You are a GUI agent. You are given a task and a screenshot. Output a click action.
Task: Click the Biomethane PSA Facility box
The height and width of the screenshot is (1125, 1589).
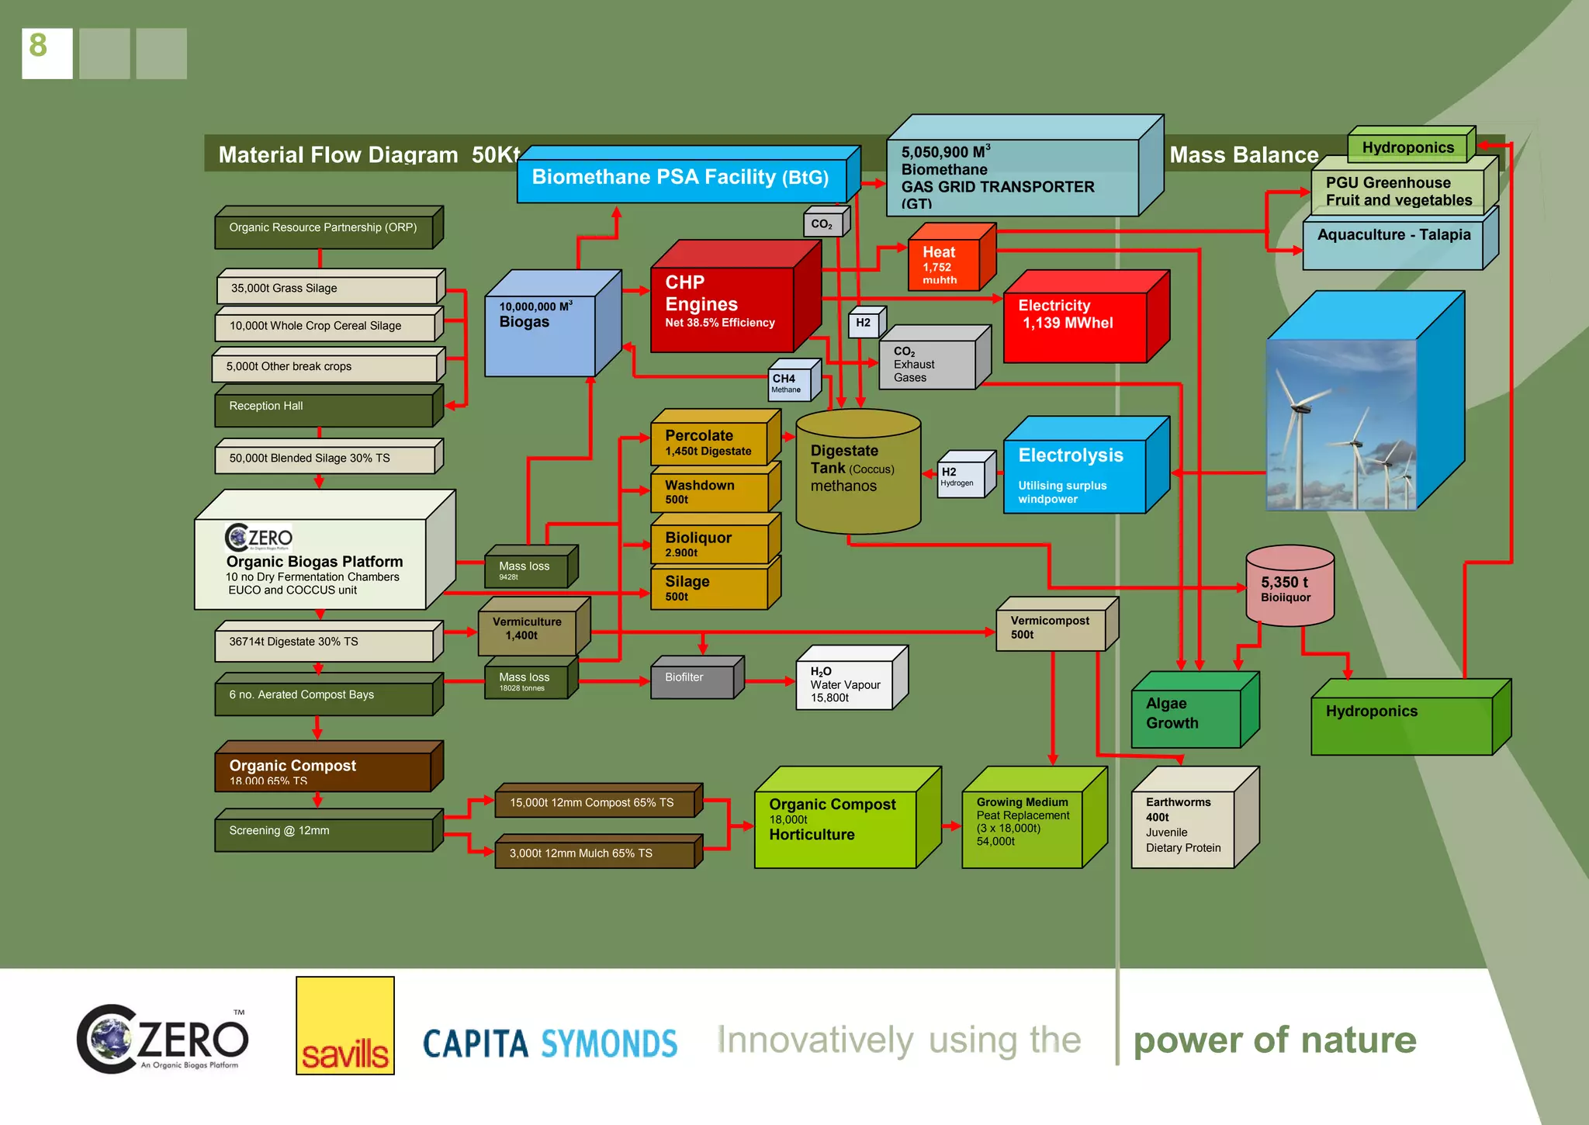pyautogui.click(x=680, y=178)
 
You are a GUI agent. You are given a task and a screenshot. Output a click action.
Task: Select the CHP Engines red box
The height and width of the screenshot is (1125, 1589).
pyautogui.click(x=722, y=306)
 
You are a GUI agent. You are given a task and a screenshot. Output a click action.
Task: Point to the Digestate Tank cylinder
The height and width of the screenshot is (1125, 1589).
pyautogui.click(x=857, y=473)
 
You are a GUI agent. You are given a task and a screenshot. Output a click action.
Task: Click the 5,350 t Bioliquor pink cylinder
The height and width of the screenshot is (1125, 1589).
pyautogui.click(x=1289, y=590)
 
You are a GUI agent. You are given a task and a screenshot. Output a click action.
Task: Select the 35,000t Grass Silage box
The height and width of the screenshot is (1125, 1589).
pyautogui.click(x=327, y=289)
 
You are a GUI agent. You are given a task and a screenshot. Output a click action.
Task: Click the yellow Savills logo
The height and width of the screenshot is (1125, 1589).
pyautogui.click(x=344, y=1026)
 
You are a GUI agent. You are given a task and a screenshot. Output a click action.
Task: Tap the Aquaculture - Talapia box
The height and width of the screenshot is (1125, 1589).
pyautogui.click(x=1393, y=244)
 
